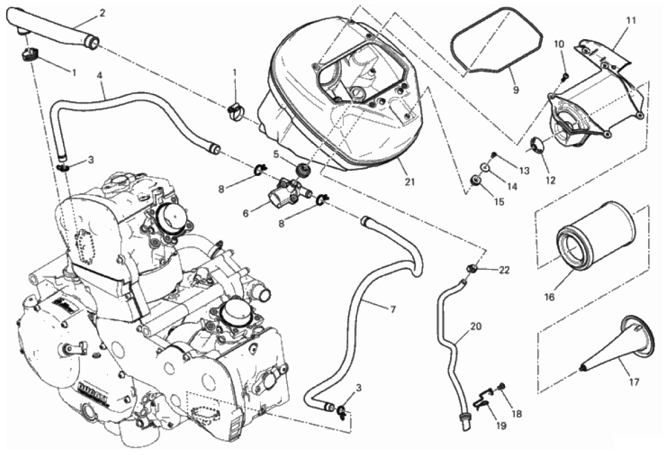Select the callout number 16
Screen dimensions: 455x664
[566, 296]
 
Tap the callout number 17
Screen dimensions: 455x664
[633, 382]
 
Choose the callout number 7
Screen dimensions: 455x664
[393, 309]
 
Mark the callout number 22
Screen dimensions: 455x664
[504, 270]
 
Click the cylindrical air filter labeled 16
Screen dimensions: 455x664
[589, 241]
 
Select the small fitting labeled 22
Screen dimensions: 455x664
[471, 267]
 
